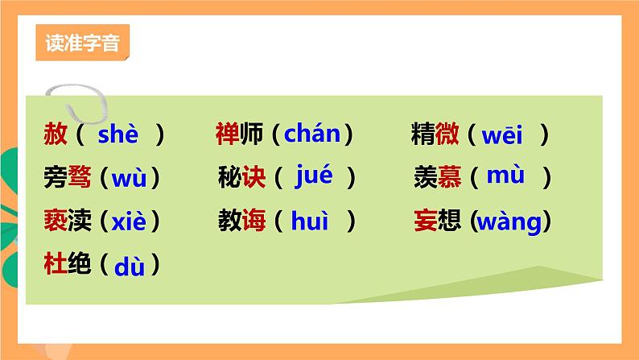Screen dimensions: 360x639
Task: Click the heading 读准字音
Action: tap(82, 43)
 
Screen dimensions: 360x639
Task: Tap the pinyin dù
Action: tap(129, 265)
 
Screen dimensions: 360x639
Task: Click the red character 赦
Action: tap(56, 134)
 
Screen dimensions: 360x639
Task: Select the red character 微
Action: tap(447, 134)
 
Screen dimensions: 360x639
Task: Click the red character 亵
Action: tap(56, 220)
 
